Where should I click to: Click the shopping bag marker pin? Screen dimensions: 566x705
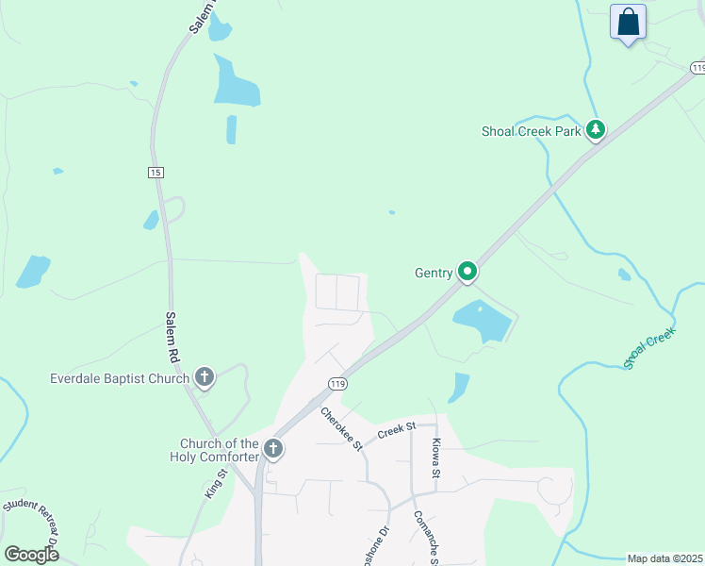628,22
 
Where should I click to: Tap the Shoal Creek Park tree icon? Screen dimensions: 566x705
595,130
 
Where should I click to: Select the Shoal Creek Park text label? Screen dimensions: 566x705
532,131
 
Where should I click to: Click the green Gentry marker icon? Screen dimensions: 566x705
467,272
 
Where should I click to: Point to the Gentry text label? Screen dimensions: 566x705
434,273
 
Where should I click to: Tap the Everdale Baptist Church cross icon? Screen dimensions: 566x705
204,378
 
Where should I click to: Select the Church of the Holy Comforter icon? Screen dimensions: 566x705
273,448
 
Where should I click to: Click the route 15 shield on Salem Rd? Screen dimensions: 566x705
156,172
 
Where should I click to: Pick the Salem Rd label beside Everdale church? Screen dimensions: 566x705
172,338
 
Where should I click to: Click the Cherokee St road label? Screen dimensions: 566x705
341,428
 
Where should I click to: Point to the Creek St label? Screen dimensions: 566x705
397,431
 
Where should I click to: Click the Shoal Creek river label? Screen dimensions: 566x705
649,348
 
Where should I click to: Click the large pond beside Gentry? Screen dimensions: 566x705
482,321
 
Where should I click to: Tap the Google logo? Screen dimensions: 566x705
31,555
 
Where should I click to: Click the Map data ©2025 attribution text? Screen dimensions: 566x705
665,558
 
